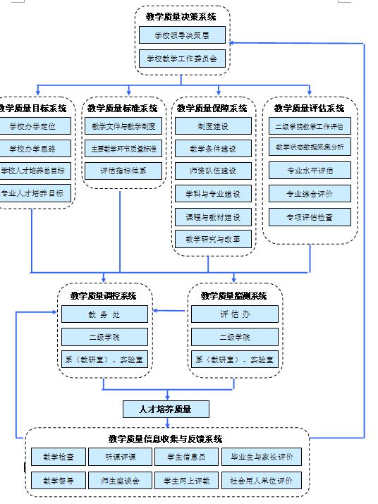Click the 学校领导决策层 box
coord(182,35)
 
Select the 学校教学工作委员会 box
coord(182,58)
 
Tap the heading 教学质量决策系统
coord(181,16)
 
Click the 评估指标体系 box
coord(123,171)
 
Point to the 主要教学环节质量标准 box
coord(123,149)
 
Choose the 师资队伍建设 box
coord(213,171)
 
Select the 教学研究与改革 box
coord(213,239)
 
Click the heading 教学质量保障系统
coord(212,109)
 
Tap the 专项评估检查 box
coord(310,217)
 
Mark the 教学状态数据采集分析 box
coord(310,147)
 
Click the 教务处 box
coord(104,314)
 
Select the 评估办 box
coord(235,314)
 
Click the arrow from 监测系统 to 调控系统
coord(170,310)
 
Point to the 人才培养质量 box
coord(166,409)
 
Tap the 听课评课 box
coord(120,457)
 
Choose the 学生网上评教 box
coord(187,481)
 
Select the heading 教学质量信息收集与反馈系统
coord(166,438)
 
